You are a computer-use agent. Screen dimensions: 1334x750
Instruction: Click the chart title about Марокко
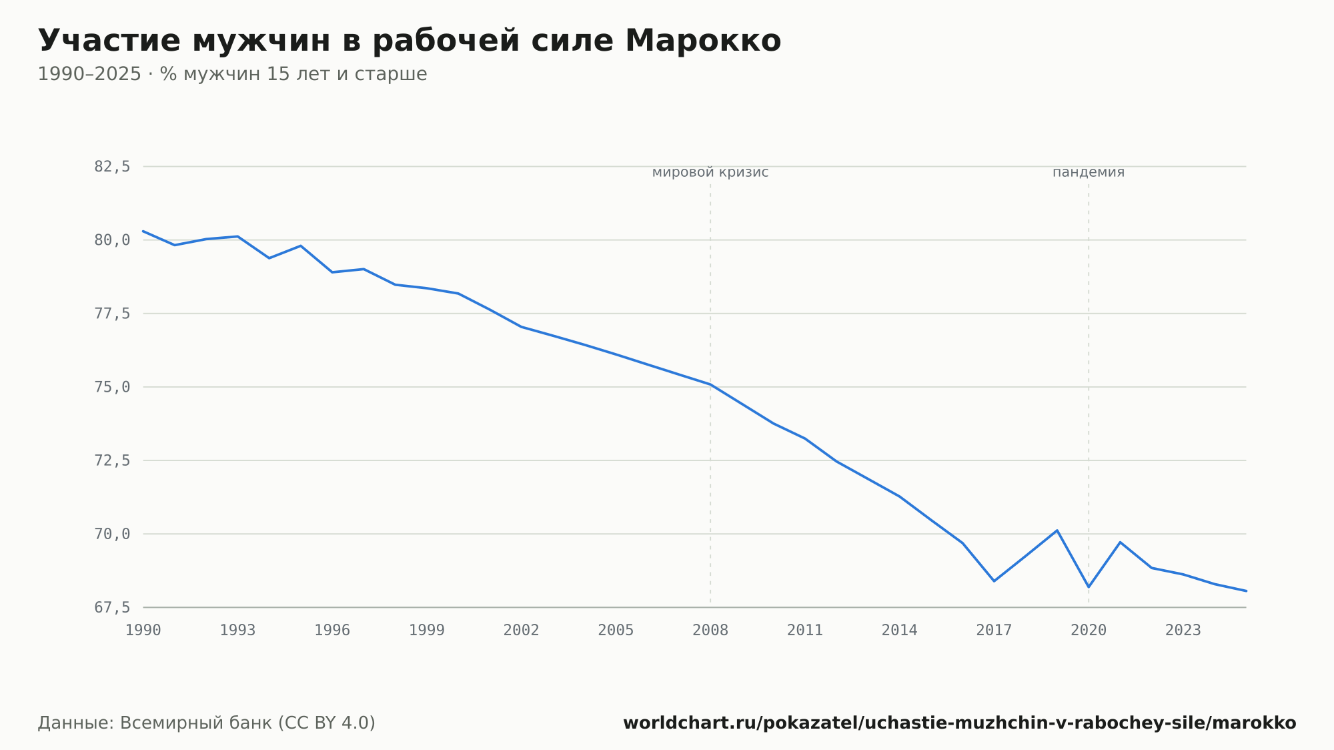[x=410, y=41]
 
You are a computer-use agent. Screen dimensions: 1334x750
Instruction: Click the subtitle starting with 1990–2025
[x=232, y=74]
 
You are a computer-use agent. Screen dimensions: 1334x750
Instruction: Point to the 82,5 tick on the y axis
[x=112, y=167]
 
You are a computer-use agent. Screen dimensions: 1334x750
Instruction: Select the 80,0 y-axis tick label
[x=112, y=240]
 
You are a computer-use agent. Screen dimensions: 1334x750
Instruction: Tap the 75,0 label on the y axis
[x=112, y=387]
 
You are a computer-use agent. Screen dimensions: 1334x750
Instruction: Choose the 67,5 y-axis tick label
[x=112, y=607]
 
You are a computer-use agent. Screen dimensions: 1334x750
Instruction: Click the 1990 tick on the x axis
[x=143, y=631]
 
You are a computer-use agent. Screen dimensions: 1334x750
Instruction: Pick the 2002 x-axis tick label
[x=522, y=631]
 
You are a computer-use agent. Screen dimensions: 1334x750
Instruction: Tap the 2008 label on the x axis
[x=710, y=631]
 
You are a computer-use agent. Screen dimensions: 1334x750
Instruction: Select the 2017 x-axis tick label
[x=994, y=631]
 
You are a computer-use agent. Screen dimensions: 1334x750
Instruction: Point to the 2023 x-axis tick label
[x=1183, y=631]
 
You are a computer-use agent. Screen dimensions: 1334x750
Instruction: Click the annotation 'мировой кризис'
[x=710, y=172]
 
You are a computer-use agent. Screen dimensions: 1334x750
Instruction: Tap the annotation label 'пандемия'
[x=1089, y=172]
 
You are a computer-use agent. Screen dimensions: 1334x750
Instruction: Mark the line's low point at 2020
[x=1089, y=587]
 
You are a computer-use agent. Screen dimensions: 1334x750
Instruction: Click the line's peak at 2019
[x=1057, y=530]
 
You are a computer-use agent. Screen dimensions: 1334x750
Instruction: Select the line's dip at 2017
[x=994, y=581]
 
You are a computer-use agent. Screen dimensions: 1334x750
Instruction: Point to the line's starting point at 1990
[x=143, y=231]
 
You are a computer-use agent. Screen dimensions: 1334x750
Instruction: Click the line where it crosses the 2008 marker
[x=710, y=384]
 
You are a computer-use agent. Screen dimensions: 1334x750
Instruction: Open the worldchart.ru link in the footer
[x=960, y=723]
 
